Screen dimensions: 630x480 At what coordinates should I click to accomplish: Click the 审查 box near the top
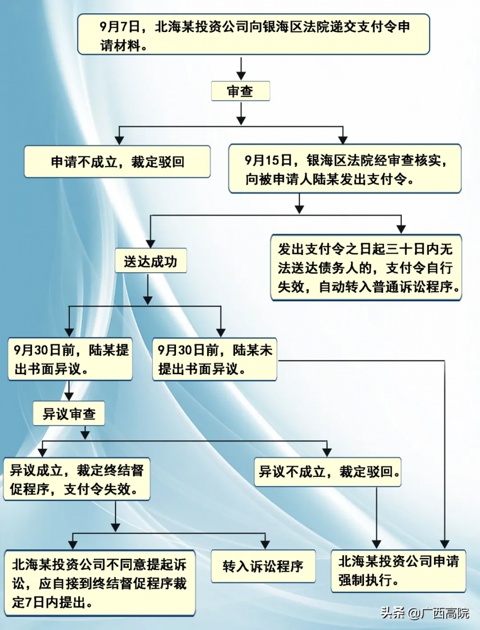240,91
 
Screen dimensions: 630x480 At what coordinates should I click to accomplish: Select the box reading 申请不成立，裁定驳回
117,161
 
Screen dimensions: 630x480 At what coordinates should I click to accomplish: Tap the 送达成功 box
150,261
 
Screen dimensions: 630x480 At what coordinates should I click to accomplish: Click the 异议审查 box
69,414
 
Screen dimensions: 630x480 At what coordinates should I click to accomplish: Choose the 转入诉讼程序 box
263,567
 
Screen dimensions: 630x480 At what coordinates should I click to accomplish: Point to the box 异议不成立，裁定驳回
329,472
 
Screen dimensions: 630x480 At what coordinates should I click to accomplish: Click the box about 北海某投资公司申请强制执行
398,570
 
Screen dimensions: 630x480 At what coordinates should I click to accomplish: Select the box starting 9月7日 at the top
253,34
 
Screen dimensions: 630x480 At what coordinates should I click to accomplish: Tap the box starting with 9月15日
345,169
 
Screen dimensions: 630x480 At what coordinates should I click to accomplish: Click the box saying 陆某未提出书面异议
214,359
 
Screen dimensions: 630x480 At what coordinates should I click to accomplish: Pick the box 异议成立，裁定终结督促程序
77,479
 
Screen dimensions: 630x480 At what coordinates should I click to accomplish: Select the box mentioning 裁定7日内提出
100,583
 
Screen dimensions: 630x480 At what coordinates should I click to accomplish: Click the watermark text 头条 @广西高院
424,613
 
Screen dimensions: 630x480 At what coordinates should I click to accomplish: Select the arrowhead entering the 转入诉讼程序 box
265,545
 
